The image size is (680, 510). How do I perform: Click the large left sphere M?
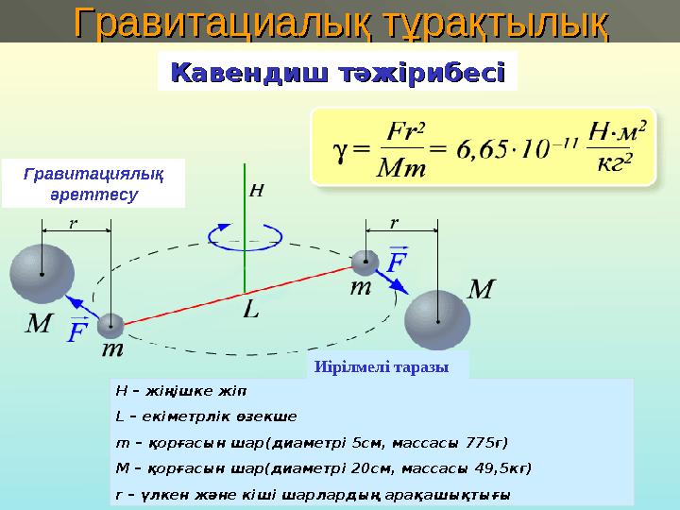click(x=42, y=274)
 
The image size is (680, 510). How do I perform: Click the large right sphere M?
click(x=438, y=319)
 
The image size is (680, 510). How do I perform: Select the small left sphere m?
click(x=111, y=326)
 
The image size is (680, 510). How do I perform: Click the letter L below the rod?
click(x=249, y=309)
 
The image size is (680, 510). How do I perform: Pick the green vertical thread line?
click(x=244, y=236)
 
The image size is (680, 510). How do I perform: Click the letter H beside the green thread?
click(x=255, y=191)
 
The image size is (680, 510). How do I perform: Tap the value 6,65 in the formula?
click(x=485, y=148)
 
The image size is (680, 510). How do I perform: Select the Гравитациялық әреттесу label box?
click(x=93, y=183)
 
